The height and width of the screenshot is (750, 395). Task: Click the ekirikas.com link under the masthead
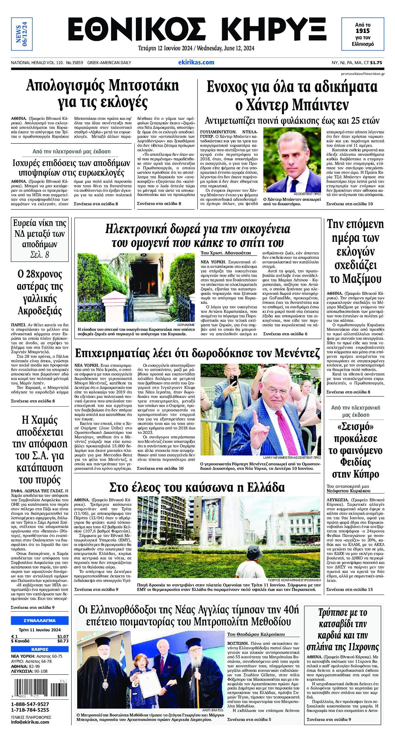tap(196, 62)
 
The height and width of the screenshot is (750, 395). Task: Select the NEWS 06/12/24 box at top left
tap(22, 34)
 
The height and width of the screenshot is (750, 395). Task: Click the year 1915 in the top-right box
tap(362, 31)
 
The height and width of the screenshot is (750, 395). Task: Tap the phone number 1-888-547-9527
tap(30, 704)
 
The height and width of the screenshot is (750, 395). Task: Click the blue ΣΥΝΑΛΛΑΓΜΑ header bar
tap(39, 620)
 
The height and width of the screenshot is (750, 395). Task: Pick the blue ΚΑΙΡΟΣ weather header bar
tap(39, 649)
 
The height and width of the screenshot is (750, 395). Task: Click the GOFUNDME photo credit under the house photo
tap(186, 325)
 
